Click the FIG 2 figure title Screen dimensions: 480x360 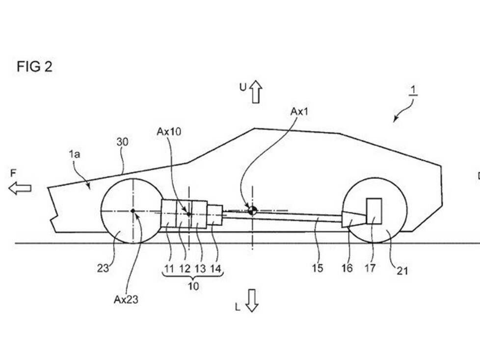point(34,67)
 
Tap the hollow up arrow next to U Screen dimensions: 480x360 point(255,91)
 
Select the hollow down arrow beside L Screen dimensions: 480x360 point(252,300)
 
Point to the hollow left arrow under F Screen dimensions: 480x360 point(20,188)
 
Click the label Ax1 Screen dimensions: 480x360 point(299,112)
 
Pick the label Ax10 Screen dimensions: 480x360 point(169,131)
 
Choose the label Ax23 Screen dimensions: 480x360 point(126,300)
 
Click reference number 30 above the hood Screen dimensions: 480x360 point(122,142)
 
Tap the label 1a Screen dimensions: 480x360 point(75,154)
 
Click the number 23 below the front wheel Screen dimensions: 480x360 point(103,268)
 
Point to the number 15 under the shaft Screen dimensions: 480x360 point(318,268)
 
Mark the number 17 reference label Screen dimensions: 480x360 point(370,268)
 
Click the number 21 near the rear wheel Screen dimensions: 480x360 point(402,271)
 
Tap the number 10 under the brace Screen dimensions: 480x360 point(193,286)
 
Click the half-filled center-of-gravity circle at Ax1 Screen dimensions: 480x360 point(252,210)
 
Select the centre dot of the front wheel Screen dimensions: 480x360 point(133,211)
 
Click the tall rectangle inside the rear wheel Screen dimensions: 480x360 point(374,211)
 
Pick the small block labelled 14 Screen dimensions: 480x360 point(214,215)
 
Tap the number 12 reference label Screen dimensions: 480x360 point(185,269)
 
